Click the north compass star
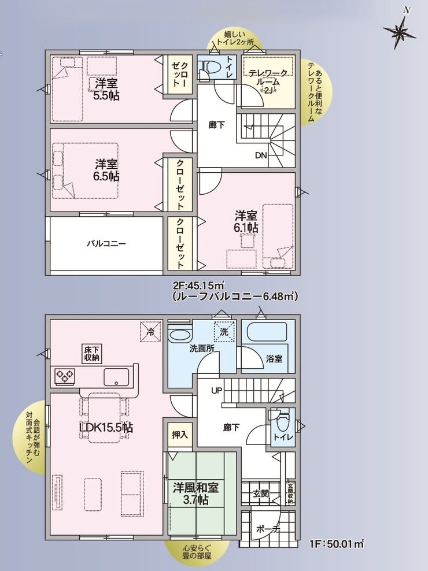tap(399, 31)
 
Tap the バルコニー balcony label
tap(106, 243)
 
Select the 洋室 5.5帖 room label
tap(106, 89)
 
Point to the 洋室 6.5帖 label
tap(106, 170)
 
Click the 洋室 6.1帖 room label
tap(246, 221)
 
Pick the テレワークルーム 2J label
tap(268, 81)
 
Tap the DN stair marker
tap(261, 155)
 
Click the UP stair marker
tap(216, 391)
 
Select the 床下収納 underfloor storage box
tap(91, 353)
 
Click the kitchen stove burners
tap(65, 376)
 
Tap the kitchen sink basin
tap(116, 377)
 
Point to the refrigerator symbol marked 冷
tap(150, 332)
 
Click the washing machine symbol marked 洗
tap(224, 332)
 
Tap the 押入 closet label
tap(180, 435)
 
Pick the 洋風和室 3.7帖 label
tap(196, 494)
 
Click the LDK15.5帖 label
tap(106, 427)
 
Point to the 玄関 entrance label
tap(261, 494)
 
